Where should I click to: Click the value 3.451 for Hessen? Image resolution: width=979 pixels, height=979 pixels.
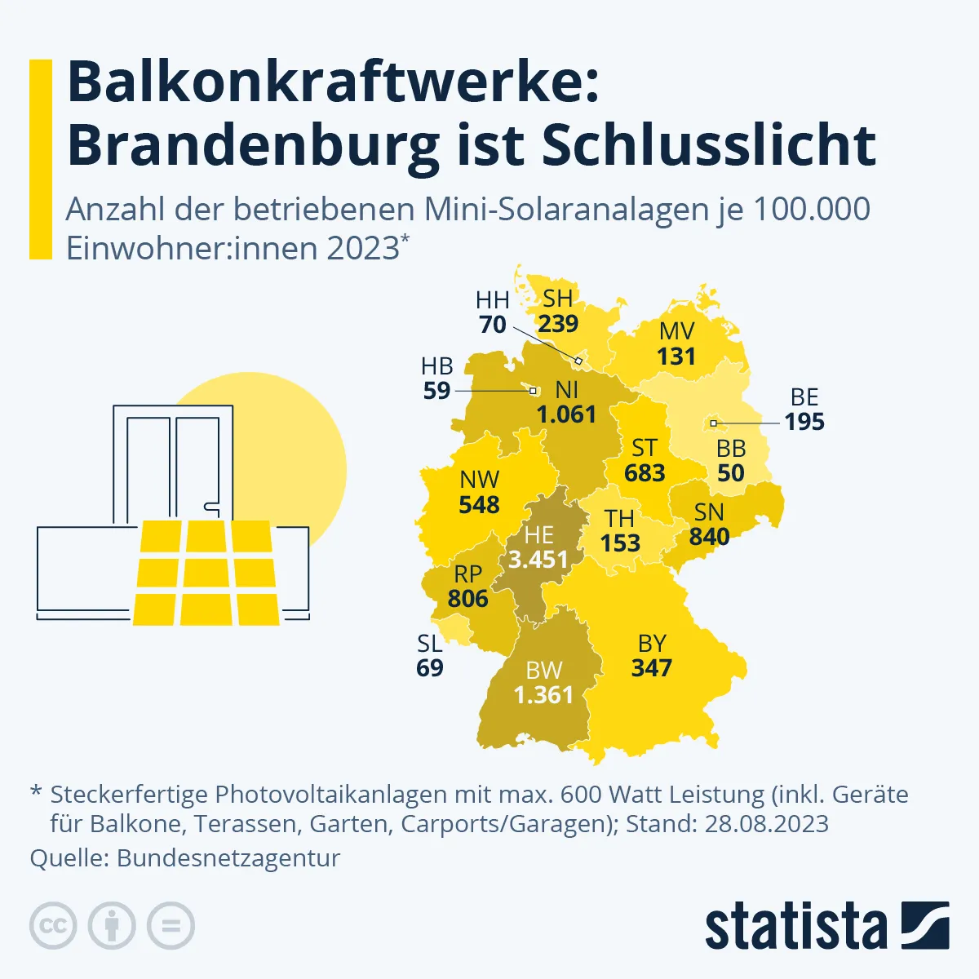pos(538,560)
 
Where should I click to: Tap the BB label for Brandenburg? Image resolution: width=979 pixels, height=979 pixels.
pos(731,449)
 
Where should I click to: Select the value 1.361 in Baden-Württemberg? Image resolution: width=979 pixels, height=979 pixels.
pos(543,695)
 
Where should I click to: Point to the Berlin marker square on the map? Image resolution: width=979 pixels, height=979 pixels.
pos(713,423)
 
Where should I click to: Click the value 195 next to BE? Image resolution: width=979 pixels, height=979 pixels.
pos(804,422)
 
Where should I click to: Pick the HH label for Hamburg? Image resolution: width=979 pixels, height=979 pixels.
pos(493,300)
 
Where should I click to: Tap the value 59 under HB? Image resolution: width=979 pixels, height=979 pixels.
pos(436,392)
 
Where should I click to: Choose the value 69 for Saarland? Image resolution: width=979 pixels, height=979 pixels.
pos(430,668)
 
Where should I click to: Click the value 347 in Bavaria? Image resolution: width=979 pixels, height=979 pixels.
pos(651,668)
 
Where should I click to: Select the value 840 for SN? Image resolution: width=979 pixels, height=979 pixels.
pos(709,537)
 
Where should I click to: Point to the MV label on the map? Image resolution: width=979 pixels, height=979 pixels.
pos(676,331)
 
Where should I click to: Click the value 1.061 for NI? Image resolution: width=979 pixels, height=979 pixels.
pos(566,414)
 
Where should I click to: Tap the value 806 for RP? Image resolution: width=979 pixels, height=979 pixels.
pos(467,599)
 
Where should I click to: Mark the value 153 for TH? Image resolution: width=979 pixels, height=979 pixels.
pos(620,543)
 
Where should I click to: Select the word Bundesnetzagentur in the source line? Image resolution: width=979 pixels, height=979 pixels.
pos(228,858)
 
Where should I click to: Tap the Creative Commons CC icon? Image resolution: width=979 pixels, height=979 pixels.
pos(53,926)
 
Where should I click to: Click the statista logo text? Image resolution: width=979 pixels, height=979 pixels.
pos(795,927)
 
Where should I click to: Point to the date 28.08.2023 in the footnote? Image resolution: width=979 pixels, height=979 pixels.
pos(767,823)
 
